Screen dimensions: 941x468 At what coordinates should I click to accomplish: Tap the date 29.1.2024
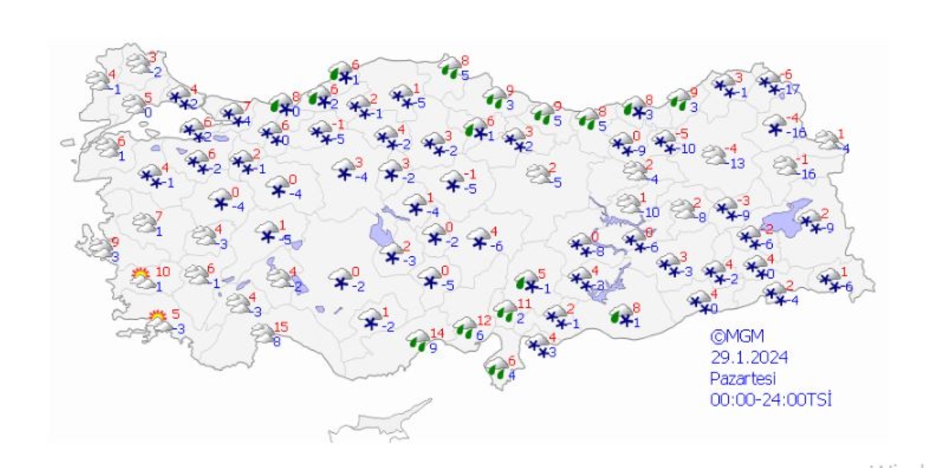click(748, 357)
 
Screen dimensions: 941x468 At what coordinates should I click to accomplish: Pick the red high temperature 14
click(436, 333)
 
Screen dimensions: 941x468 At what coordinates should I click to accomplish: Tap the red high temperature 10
click(163, 272)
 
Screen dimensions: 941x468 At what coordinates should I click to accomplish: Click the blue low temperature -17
click(791, 90)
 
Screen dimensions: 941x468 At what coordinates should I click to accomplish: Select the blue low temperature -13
click(737, 163)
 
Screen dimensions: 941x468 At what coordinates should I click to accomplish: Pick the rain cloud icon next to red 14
click(418, 339)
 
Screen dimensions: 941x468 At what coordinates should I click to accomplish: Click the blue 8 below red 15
click(277, 342)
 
